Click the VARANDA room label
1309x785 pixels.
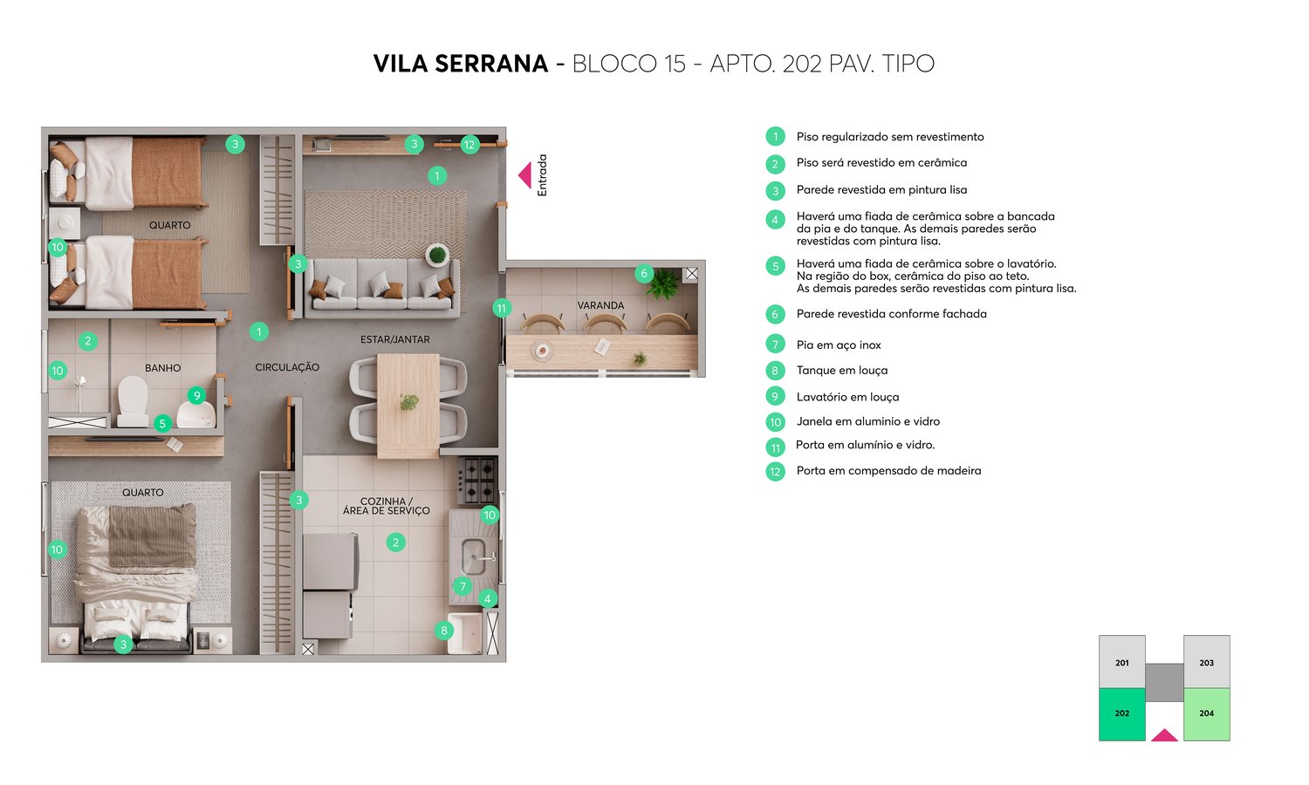(600, 305)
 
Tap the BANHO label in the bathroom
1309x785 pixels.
(162, 368)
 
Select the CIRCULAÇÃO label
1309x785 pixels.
(287, 367)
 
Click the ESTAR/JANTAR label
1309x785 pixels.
(394, 339)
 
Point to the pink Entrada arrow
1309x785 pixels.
(524, 175)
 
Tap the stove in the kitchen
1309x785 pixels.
(476, 481)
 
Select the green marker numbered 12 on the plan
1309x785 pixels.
(469, 145)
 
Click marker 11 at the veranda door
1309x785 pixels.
(501, 308)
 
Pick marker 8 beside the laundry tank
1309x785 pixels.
(444, 631)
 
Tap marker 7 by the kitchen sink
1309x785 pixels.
(463, 587)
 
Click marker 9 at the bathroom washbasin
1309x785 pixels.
(197, 396)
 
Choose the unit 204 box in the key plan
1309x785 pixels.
(1206, 713)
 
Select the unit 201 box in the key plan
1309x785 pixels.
(1121, 662)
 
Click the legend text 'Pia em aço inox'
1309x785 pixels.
(839, 345)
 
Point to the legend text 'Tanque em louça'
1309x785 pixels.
(841, 371)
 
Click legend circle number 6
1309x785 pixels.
(775, 314)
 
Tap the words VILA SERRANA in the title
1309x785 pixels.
(461, 64)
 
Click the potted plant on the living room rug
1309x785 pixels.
(437, 256)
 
